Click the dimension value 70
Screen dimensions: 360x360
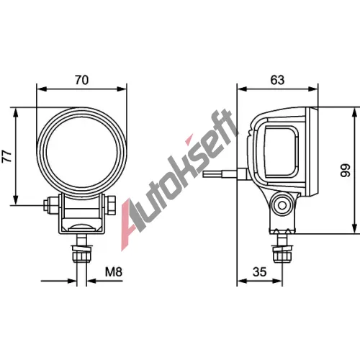[82, 80]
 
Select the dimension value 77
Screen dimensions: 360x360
[6, 156]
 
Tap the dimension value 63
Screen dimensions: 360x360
[277, 80]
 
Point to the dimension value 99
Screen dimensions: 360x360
[346, 171]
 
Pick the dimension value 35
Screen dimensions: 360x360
[260, 272]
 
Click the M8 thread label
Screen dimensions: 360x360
[114, 272]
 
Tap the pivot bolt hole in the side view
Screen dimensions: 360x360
[282, 205]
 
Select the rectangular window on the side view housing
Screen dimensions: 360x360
[281, 152]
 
